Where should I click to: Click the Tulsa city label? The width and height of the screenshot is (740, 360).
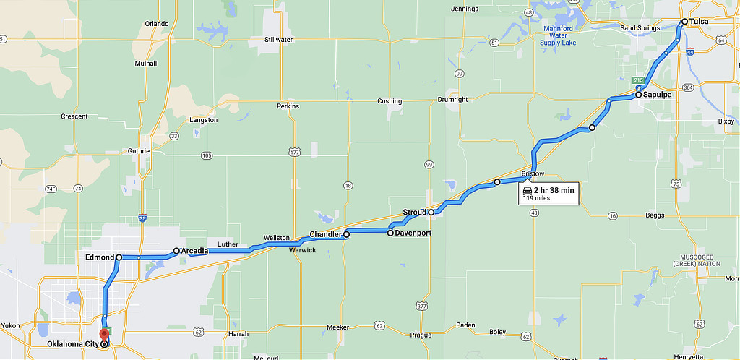[x=699, y=22]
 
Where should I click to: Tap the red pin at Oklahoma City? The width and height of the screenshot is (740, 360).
[x=104, y=335]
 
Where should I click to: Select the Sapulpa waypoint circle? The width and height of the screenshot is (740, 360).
[x=639, y=95]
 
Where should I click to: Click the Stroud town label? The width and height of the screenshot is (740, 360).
[x=414, y=213]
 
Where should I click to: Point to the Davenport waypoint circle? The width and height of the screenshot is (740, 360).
[x=390, y=233]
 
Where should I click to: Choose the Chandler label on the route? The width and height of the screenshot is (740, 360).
[x=325, y=234]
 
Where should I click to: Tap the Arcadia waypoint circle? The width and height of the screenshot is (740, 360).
[x=176, y=251]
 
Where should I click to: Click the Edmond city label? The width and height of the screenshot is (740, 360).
[x=100, y=257]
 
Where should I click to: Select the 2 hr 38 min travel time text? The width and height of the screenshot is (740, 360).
[x=554, y=189]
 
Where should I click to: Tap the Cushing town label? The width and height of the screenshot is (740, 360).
[x=390, y=101]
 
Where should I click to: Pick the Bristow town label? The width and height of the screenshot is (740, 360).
[x=533, y=174]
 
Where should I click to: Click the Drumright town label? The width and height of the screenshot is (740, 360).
[x=452, y=100]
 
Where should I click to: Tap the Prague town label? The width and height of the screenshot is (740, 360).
[x=421, y=335]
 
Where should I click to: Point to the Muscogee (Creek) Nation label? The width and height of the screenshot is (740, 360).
[x=700, y=260]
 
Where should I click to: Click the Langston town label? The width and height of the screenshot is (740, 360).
[x=202, y=120]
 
